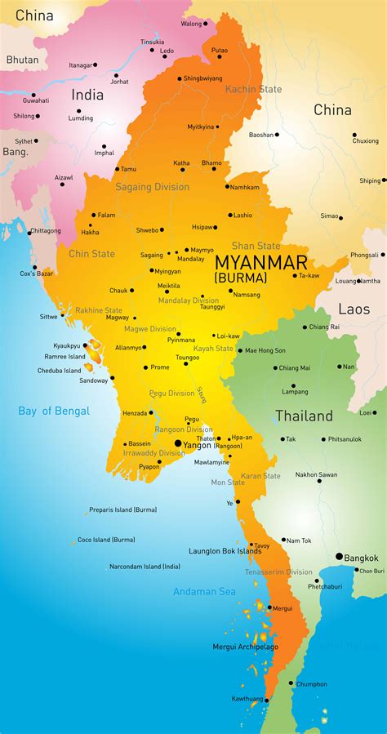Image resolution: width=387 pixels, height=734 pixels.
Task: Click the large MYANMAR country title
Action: click(x=261, y=262)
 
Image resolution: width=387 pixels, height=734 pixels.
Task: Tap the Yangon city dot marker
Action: click(x=178, y=443)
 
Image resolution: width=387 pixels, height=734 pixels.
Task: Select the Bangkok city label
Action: click(x=360, y=558)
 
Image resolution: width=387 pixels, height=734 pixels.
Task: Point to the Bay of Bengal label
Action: click(x=54, y=411)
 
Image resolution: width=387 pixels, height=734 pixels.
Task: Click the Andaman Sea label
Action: click(x=204, y=591)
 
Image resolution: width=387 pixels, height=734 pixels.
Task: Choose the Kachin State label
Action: click(x=253, y=89)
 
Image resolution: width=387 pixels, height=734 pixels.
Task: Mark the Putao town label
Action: click(x=220, y=51)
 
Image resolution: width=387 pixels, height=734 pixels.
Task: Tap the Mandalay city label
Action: click(x=190, y=259)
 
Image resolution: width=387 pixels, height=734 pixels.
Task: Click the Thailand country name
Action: click(x=304, y=416)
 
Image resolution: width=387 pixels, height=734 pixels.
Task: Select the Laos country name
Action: click(x=354, y=309)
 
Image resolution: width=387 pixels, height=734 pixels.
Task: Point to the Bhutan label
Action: click(x=22, y=60)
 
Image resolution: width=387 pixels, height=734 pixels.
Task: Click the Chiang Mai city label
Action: click(x=295, y=367)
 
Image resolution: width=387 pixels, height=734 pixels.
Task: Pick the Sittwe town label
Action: click(x=49, y=316)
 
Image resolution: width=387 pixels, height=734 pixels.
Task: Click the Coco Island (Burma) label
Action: click(x=106, y=540)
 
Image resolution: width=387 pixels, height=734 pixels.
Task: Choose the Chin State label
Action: click(x=91, y=254)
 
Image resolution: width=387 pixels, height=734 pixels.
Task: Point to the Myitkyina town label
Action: click(x=200, y=127)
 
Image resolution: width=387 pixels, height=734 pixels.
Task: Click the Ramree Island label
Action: click(x=64, y=357)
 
